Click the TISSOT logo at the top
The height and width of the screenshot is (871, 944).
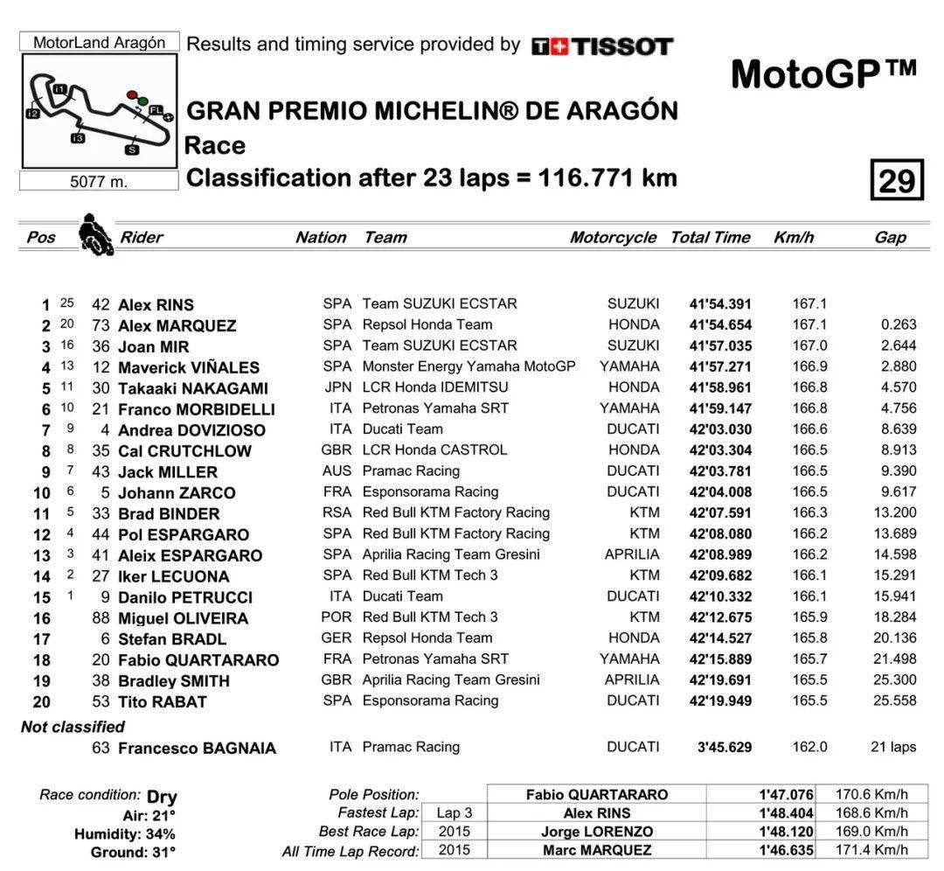pos(602,46)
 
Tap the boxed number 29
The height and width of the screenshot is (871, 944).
pos(897,181)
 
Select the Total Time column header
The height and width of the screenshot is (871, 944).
pos(710,237)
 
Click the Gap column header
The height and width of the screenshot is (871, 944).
pos(890,237)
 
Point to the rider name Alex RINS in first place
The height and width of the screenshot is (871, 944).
pos(156,305)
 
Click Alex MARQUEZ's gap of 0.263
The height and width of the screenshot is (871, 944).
pos(899,325)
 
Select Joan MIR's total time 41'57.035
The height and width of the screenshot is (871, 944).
pos(719,346)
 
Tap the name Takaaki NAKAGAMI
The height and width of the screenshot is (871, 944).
pos(193,388)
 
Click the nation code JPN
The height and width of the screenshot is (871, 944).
pos(337,387)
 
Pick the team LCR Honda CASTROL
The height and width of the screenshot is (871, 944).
pos(434,450)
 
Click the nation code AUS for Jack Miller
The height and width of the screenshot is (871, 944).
pos(337,471)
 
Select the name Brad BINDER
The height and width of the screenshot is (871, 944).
pos(169,513)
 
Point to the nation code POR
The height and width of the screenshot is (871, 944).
pos(337,617)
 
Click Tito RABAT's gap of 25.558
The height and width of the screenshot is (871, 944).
pos(894,701)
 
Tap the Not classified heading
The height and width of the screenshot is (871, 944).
pos(73,727)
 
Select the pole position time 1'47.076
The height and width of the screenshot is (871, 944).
pos(786,795)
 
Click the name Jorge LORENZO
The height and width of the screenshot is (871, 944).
pos(596,832)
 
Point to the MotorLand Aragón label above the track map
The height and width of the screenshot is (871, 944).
pos(99,42)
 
